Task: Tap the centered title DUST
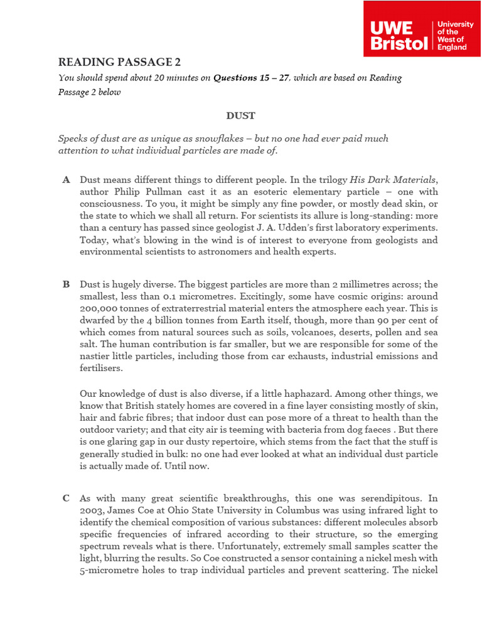coord(240,116)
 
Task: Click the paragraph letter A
coord(67,180)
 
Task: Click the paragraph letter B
coord(67,284)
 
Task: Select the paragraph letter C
coord(67,499)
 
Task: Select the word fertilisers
coord(101,369)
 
